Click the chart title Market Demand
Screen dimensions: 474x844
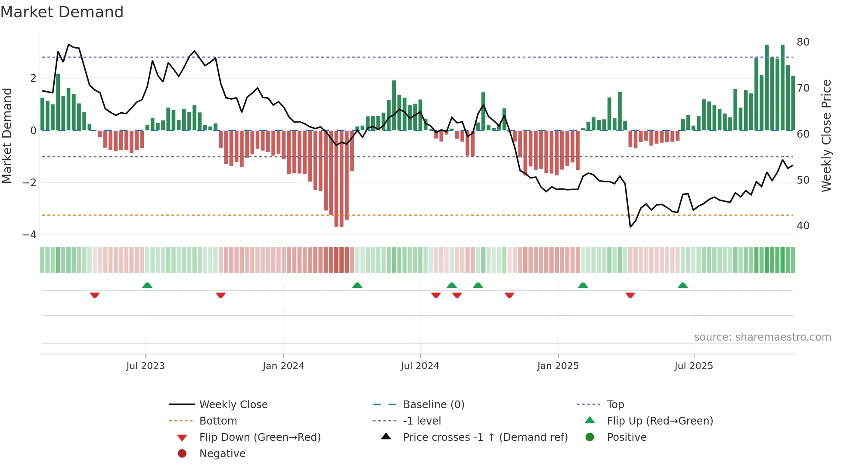pyautogui.click(x=62, y=12)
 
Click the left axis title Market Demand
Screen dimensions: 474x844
pyautogui.click(x=7, y=136)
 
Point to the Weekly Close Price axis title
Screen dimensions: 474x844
pyautogui.click(x=826, y=136)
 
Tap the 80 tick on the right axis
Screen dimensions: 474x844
pyautogui.click(x=803, y=42)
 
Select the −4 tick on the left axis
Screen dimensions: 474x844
pyautogui.click(x=29, y=235)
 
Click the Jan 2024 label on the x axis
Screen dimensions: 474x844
pyautogui.click(x=283, y=366)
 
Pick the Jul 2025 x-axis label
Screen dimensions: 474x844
pyautogui.click(x=693, y=366)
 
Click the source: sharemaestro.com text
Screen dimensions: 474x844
pyautogui.click(x=762, y=337)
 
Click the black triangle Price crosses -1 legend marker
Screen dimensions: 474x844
pyautogui.click(x=386, y=437)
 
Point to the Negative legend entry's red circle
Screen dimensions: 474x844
pyautogui.click(x=182, y=454)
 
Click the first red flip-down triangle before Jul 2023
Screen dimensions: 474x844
pyautogui.click(x=95, y=295)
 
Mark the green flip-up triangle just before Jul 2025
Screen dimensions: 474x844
pyautogui.click(x=683, y=285)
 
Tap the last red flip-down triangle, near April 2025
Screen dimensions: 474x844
pyautogui.click(x=630, y=295)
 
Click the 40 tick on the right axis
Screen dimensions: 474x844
pyautogui.click(x=803, y=226)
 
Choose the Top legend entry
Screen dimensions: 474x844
pyautogui.click(x=615, y=405)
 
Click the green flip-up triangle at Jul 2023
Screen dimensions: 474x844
pyautogui.click(x=147, y=285)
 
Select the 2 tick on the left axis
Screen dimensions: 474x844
pyautogui.click(x=33, y=78)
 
